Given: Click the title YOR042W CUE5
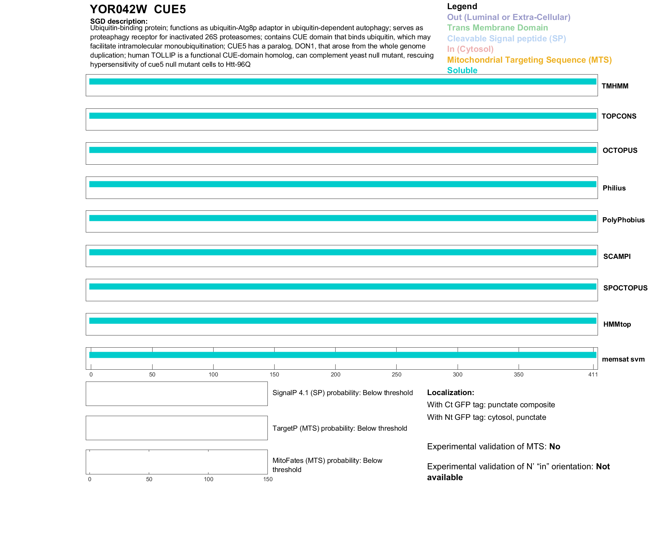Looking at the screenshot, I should [x=138, y=9].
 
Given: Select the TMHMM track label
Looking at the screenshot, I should [x=615, y=86].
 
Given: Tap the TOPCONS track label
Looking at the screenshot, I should [x=619, y=116].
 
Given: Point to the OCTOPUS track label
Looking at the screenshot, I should [x=620, y=150].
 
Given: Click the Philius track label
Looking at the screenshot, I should [x=614, y=188].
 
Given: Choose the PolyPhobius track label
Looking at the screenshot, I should [x=623, y=220].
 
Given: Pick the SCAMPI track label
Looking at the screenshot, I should [x=617, y=257].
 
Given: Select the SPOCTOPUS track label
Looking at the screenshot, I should [x=625, y=288].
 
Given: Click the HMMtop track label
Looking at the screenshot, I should [x=617, y=324].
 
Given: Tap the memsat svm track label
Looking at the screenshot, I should [x=623, y=359].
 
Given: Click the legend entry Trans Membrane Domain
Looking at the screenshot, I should [x=497, y=28].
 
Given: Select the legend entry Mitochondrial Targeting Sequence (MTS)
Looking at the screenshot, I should [x=529, y=60].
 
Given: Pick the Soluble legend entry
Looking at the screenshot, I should [x=462, y=70].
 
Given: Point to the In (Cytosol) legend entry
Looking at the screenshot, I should [x=470, y=49].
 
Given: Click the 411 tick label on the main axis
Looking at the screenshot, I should [x=593, y=374].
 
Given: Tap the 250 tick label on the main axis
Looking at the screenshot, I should [x=396, y=374].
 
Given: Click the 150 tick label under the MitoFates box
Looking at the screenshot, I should [x=268, y=479].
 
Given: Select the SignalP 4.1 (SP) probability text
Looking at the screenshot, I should [x=342, y=393].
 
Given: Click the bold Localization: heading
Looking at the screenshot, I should [x=450, y=393].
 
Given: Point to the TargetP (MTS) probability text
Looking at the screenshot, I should [x=340, y=428].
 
